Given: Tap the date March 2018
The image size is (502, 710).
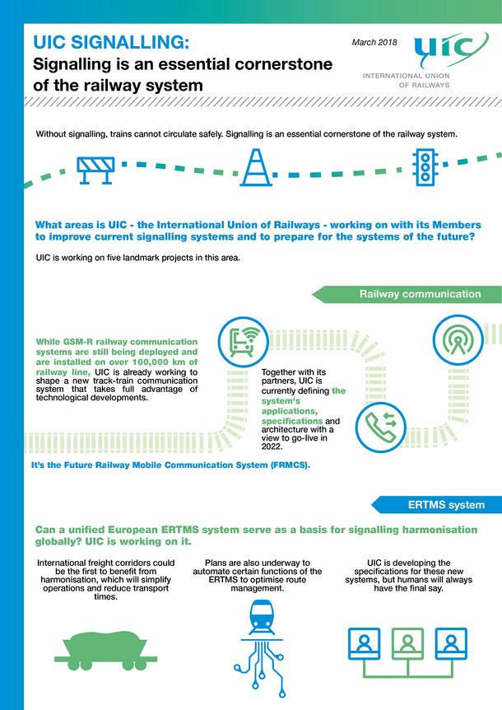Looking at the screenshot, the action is tap(374, 42).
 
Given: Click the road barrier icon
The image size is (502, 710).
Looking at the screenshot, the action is tap(95, 170).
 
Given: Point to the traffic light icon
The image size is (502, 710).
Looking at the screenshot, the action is tap(425, 167).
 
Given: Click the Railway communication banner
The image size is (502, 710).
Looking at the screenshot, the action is tap(407, 294).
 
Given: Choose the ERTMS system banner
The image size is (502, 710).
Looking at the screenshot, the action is tap(437, 505).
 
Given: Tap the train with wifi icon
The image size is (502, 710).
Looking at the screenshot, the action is tap(244, 342).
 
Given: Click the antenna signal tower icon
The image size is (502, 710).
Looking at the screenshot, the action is tap(458, 339).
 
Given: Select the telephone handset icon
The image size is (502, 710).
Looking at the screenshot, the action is tap(380, 427).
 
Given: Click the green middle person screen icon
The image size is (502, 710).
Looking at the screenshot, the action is tap(407, 643).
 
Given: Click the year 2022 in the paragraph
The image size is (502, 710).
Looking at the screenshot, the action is tap(272, 446).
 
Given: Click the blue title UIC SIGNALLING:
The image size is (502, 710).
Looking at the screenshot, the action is tap(111, 42).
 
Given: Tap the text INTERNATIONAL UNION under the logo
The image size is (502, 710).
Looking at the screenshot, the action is tap(406, 76).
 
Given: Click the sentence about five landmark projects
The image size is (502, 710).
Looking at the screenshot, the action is tap(138, 258).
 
